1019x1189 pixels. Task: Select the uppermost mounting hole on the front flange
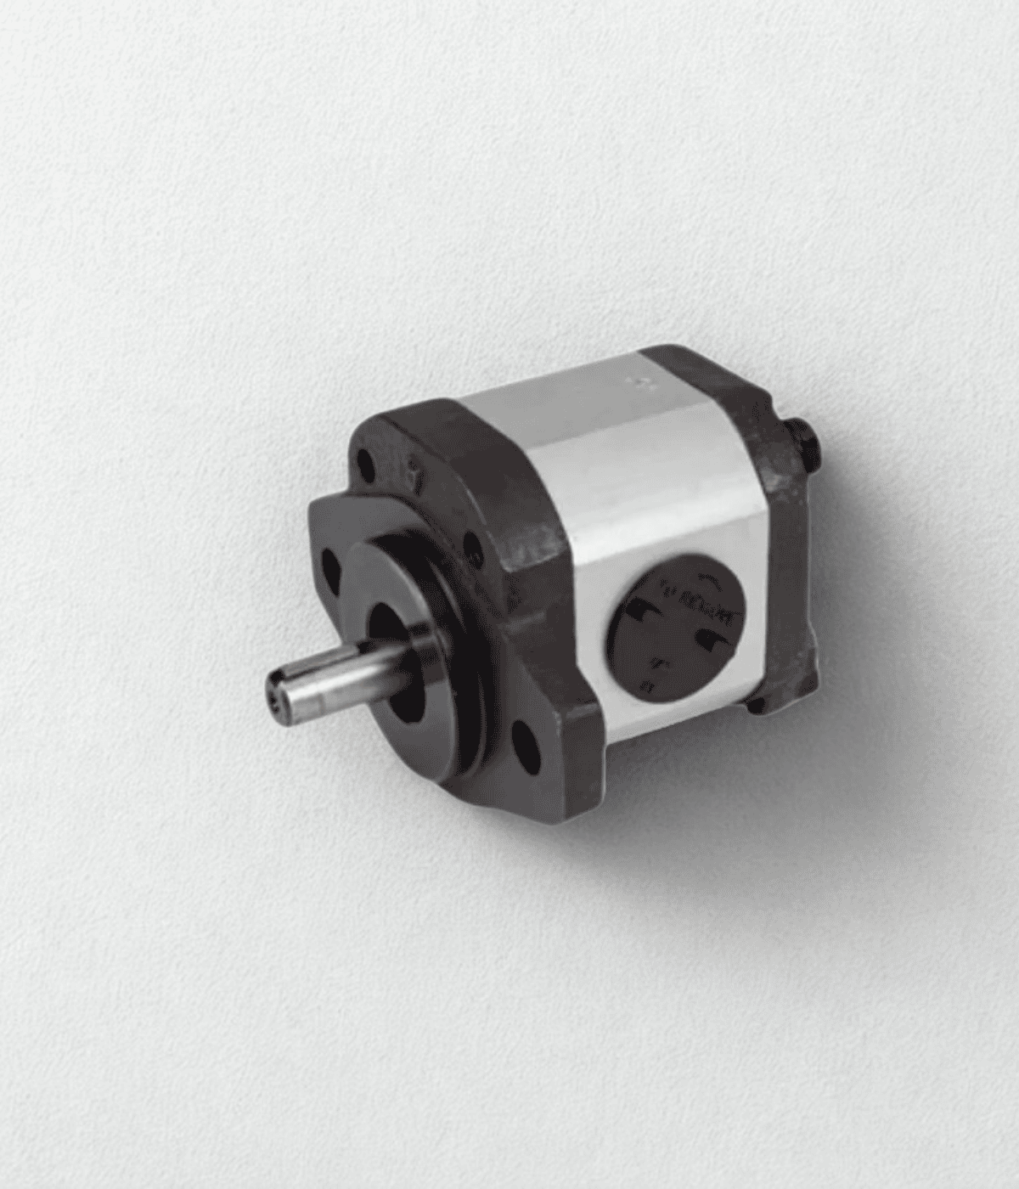[x=364, y=464]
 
